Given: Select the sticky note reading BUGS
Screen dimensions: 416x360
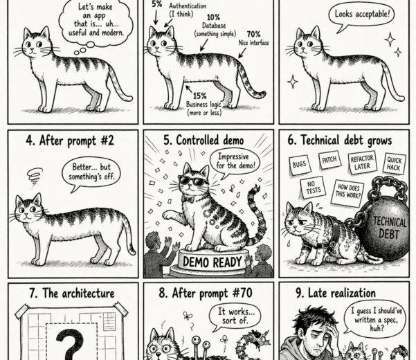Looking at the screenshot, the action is [x=299, y=165].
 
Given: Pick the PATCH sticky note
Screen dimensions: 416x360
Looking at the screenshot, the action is [x=329, y=160].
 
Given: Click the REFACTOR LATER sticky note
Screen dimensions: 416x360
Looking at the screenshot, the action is [x=362, y=163].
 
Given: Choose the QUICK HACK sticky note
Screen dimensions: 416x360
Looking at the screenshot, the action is [x=395, y=163].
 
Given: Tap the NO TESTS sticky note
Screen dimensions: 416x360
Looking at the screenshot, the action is [x=313, y=188].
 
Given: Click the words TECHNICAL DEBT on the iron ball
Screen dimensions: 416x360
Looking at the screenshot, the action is [x=389, y=228].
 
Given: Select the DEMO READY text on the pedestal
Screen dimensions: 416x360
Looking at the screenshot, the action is [x=212, y=262].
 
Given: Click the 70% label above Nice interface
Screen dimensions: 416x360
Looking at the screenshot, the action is [x=253, y=34].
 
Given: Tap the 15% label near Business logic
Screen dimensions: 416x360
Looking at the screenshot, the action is [x=200, y=96].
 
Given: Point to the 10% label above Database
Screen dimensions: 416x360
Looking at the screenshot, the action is [x=213, y=17].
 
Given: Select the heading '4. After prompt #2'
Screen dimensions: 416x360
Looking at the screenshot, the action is [x=70, y=141].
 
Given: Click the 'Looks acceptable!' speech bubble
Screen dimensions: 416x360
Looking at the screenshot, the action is [x=361, y=17].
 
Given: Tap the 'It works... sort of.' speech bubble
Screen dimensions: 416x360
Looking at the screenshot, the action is [x=235, y=317].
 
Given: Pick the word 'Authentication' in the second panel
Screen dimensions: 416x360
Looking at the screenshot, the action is [x=188, y=6].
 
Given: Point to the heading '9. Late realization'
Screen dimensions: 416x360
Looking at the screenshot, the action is [x=336, y=293].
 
